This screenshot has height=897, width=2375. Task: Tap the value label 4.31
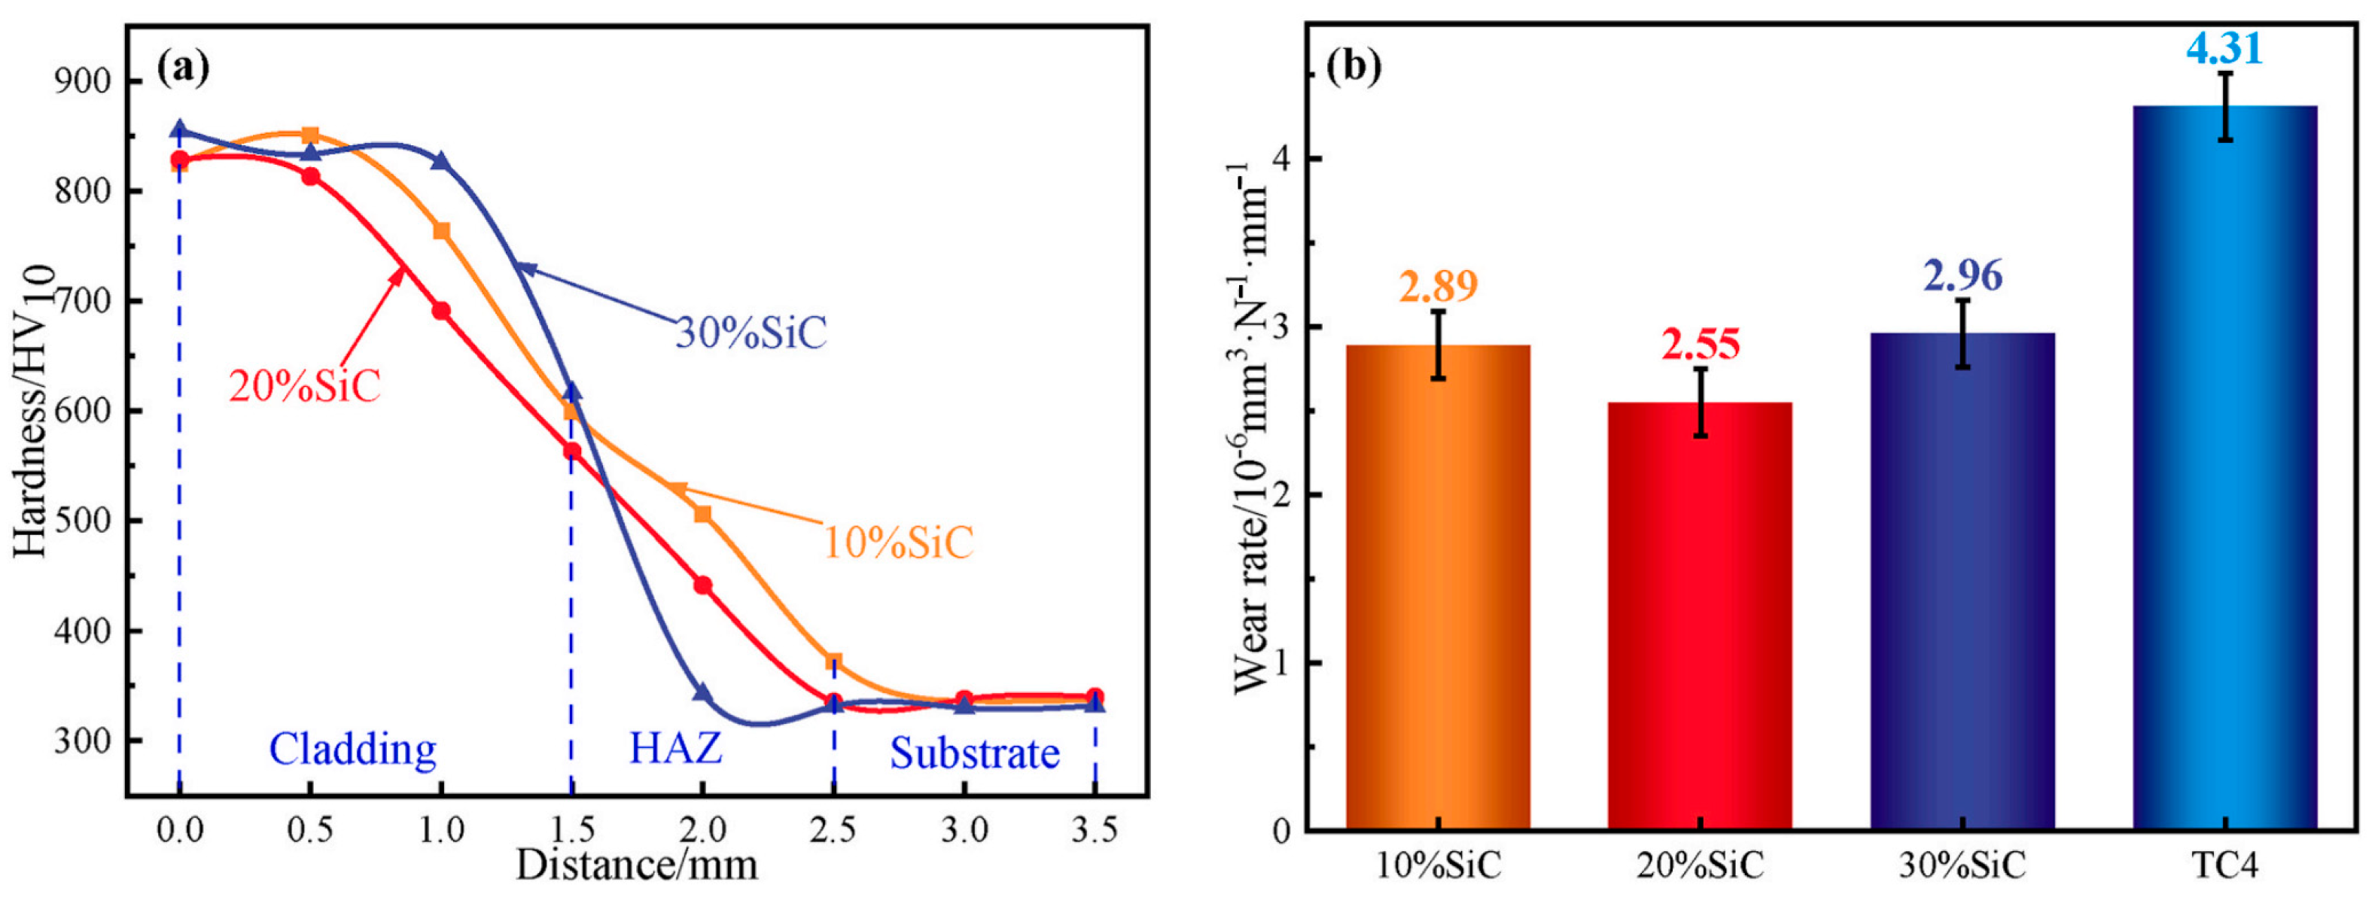pos(2224,48)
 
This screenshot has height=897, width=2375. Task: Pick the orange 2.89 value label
pos(1439,286)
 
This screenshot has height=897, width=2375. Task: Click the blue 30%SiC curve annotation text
pos(751,333)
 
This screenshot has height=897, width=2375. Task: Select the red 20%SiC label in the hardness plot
pos(304,386)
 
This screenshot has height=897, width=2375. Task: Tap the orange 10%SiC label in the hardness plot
pos(897,542)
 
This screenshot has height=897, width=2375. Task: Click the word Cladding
pos(352,749)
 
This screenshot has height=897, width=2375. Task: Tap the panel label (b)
pos(1353,66)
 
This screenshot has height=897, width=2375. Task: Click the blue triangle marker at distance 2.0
pos(702,692)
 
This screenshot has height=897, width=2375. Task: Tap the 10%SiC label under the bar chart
pos(1439,865)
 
